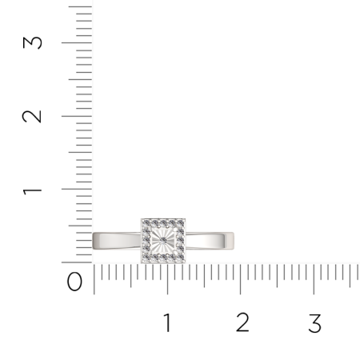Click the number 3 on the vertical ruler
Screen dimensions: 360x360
point(31,41)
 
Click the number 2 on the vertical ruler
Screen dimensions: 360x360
point(31,115)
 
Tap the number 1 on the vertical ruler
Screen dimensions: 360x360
point(31,190)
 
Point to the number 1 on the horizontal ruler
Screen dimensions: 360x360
point(168,323)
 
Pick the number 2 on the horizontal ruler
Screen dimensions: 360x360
point(242,323)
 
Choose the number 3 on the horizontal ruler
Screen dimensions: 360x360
point(314,323)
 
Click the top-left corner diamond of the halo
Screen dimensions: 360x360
point(146,222)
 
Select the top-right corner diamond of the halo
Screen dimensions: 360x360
point(182,222)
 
